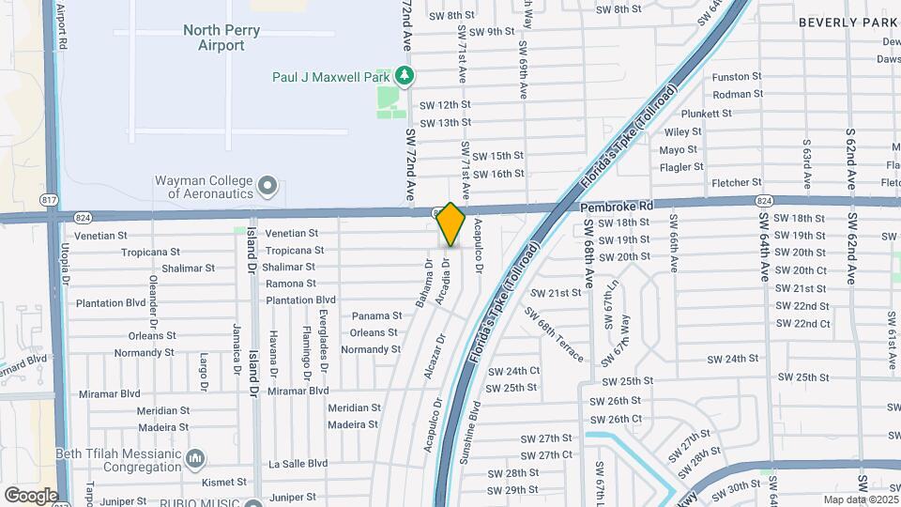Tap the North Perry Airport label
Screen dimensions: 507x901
tap(214, 38)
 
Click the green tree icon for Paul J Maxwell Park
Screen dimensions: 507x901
tap(404, 74)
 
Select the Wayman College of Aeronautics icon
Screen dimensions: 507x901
tap(267, 185)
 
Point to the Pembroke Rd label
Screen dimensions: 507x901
tap(616, 206)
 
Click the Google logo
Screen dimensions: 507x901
tap(30, 495)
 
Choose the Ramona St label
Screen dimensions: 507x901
tap(291, 284)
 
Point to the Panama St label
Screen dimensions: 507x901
tap(376, 316)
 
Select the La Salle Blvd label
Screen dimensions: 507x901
tap(298, 463)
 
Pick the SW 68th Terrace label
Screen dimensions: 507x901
tap(554, 334)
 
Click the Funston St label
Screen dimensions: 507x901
tap(737, 77)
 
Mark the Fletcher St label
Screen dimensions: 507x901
tap(737, 183)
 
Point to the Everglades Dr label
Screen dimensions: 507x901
tap(323, 331)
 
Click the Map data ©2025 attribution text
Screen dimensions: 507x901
tap(859, 499)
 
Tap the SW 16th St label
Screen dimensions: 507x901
tap(497, 174)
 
